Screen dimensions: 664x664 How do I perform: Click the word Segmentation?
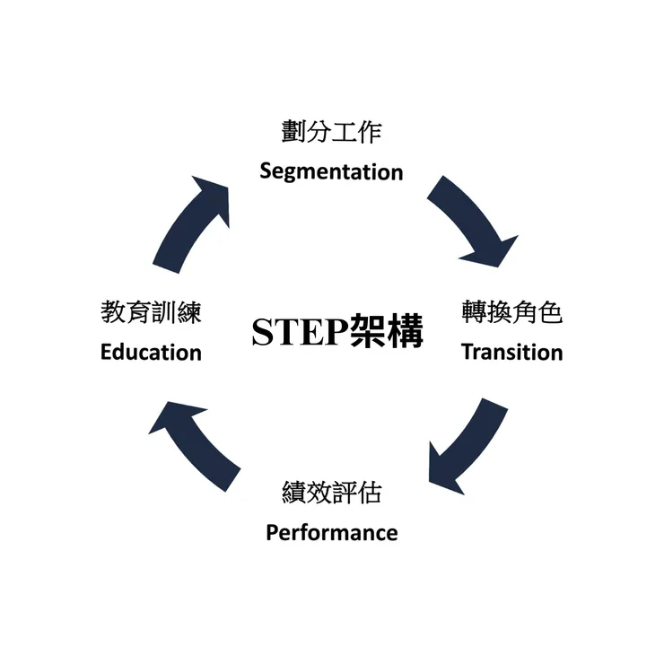[331, 171]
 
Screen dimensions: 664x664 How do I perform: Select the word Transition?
[511, 352]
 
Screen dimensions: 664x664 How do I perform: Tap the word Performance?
[331, 532]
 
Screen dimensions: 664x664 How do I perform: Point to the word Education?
[151, 352]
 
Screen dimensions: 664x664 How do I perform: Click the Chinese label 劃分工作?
[331, 133]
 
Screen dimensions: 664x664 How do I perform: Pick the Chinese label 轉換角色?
[511, 312]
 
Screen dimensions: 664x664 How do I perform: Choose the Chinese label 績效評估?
[331, 493]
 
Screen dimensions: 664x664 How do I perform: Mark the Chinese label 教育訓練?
[151, 312]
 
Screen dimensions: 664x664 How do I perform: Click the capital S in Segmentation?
[266, 171]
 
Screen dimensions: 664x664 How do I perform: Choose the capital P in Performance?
[272, 532]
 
